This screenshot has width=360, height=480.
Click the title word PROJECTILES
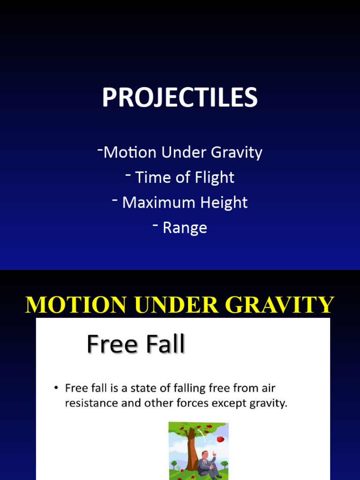click(180, 98)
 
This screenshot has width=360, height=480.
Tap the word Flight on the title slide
click(216, 178)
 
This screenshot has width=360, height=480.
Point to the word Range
click(185, 228)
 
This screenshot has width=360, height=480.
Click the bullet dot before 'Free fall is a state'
click(56, 389)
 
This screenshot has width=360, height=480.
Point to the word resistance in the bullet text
click(90, 403)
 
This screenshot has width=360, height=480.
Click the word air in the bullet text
click(269, 389)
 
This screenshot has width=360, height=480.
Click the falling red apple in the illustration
click(220, 439)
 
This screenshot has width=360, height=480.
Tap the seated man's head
click(205, 455)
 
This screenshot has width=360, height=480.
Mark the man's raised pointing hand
click(213, 455)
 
